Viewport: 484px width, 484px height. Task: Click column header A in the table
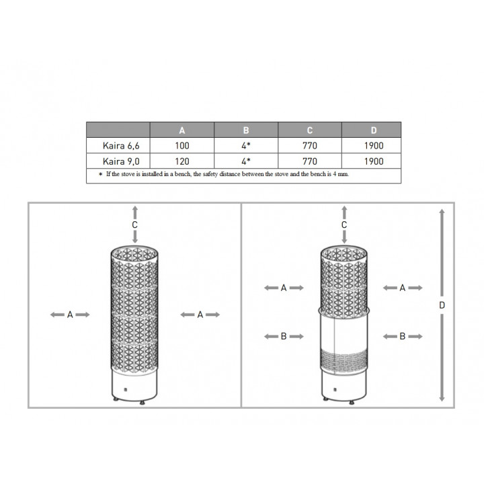coord(182,130)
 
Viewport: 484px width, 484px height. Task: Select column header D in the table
coord(374,130)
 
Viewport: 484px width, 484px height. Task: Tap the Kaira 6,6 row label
coord(121,146)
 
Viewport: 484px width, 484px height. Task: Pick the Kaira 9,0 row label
coord(121,161)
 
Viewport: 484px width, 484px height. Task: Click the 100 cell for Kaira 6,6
coord(182,146)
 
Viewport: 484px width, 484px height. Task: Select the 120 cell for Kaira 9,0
coord(182,161)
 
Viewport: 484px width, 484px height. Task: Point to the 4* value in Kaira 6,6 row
coord(246,146)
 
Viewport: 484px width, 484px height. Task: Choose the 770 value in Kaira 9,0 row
coord(310,161)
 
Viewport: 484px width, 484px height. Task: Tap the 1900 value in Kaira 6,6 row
coord(374,146)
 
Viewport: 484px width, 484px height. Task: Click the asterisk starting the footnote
coord(100,174)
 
